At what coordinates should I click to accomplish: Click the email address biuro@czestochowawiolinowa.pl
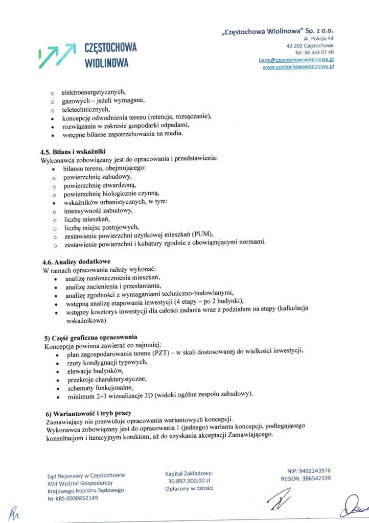click(x=296, y=60)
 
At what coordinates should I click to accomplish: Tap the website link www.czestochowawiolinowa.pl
click(x=298, y=67)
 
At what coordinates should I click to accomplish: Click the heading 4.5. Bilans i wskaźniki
click(x=73, y=152)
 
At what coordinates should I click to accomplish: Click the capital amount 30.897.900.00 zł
click(x=189, y=481)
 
